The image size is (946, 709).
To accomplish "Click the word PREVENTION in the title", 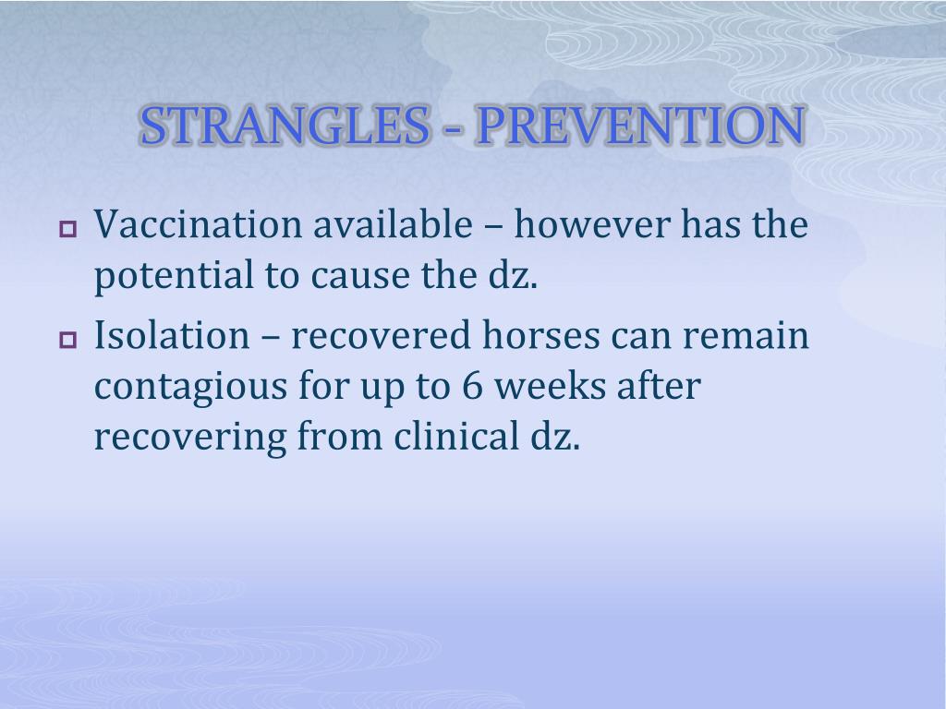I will [638, 126].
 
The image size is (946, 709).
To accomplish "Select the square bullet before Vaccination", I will [67, 228].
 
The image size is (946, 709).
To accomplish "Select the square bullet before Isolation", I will [67, 340].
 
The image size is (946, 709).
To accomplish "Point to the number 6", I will [469, 388].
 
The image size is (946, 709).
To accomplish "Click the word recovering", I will [189, 438].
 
